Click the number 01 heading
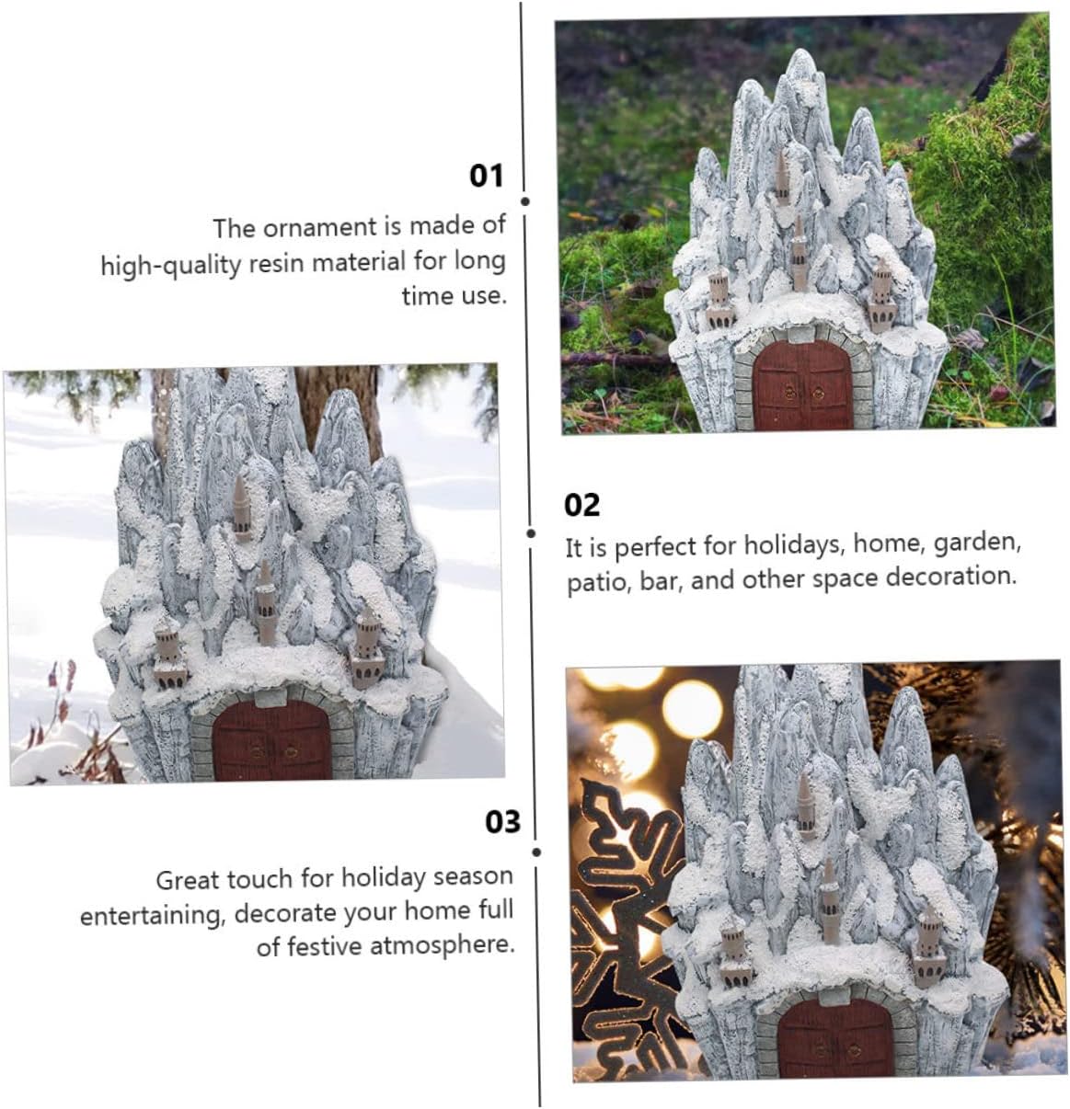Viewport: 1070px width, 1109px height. tap(487, 175)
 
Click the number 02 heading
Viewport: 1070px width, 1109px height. tap(581, 505)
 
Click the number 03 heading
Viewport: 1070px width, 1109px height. tap(502, 821)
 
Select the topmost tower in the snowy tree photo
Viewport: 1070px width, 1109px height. tap(240, 507)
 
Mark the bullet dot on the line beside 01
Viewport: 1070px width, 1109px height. tap(524, 200)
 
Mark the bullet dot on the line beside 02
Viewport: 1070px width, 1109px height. tap(531, 532)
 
